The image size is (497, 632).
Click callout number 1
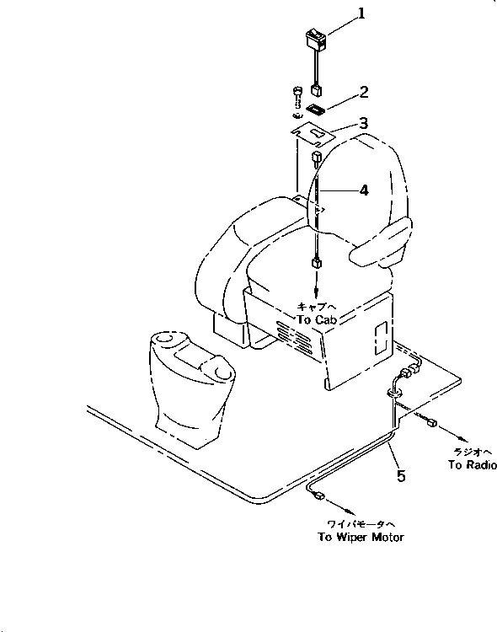[x=337, y=14]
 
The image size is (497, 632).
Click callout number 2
[x=340, y=90]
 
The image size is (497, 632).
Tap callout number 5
[x=401, y=476]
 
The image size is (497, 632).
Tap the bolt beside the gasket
[x=296, y=94]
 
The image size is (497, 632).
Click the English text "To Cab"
[x=317, y=321]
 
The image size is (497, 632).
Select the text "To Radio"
[x=472, y=465]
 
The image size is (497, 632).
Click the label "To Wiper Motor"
[x=360, y=538]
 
